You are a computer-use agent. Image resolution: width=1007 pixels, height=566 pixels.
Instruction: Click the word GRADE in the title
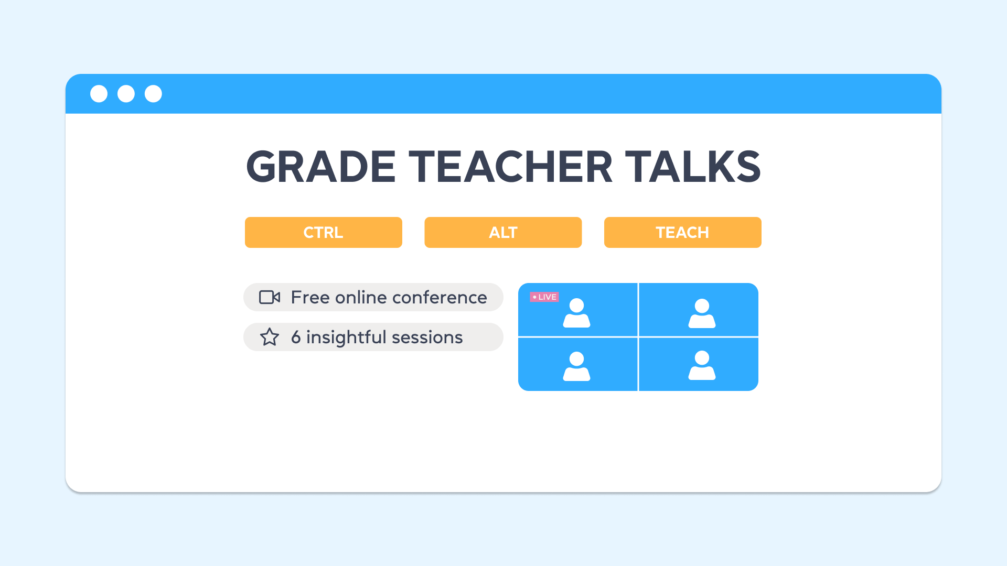[320, 167]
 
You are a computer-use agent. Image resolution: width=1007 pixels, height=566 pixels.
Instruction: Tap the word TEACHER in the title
[510, 167]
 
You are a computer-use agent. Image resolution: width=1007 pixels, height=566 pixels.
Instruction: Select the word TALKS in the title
[693, 167]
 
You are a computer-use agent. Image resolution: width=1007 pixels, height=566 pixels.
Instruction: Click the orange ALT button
[503, 232]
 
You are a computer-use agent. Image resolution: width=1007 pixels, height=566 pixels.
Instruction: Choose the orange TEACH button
[682, 232]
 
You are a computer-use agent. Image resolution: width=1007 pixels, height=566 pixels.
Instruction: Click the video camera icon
[270, 297]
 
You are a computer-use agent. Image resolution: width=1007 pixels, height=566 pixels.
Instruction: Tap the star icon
[270, 337]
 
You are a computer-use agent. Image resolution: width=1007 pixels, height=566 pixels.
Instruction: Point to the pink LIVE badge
[544, 297]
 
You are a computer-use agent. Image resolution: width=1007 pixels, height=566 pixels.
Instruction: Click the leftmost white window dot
[99, 94]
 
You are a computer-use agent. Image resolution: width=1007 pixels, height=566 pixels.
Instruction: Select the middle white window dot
[126, 94]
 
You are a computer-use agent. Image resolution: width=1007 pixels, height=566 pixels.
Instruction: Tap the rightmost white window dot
[153, 94]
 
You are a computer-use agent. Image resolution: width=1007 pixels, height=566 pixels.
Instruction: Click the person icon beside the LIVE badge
[576, 313]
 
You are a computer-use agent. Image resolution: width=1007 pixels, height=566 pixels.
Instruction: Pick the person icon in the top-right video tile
[702, 313]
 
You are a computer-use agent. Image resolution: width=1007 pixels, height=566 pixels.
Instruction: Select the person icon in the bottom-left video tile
[576, 366]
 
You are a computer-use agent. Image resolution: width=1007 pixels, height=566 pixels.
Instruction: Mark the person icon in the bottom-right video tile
[702, 365]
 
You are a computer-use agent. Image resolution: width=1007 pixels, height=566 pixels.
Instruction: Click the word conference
[440, 298]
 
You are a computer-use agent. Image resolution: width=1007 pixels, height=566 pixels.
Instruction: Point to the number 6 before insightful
[296, 337]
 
